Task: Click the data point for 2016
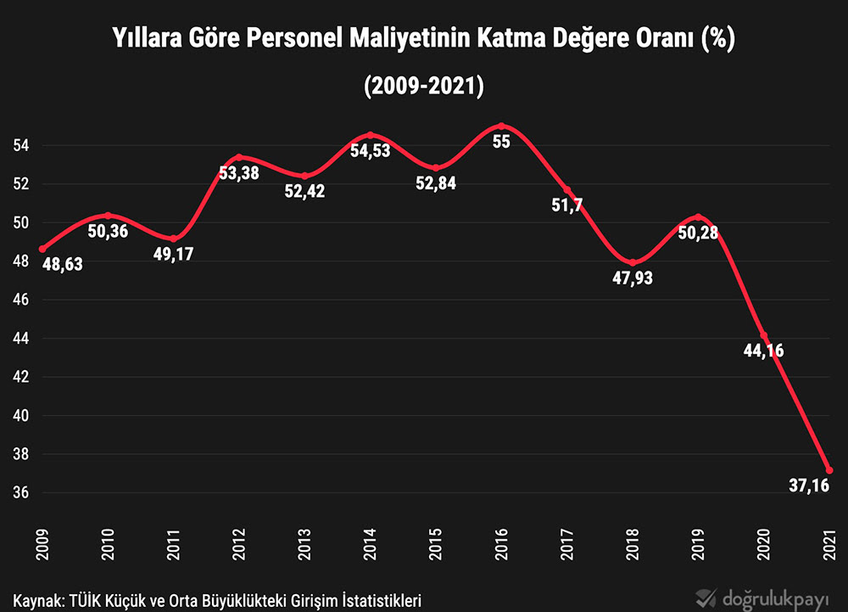pos(501,126)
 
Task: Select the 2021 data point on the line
pos(829,470)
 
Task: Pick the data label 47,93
pos(633,278)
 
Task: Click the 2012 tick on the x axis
pos(239,543)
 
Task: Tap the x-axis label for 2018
pos(633,543)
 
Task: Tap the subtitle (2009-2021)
pos(423,86)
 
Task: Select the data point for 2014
pos(370,135)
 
